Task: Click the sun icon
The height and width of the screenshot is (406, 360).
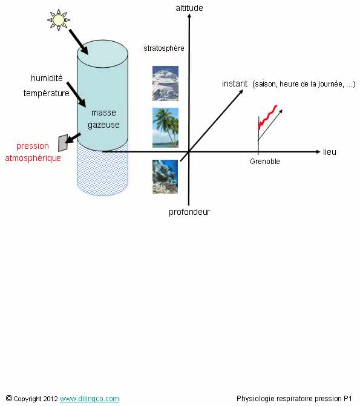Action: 59,20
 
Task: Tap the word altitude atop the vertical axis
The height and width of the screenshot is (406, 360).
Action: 189,8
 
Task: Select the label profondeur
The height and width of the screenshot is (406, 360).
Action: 189,212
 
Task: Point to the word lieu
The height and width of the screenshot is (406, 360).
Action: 329,152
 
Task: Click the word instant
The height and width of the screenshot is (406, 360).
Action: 235,83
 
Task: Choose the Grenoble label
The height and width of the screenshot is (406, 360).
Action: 265,162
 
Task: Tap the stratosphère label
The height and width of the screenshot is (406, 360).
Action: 164,48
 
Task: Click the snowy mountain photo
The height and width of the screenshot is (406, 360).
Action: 165,83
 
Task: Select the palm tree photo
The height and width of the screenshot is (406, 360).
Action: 165,128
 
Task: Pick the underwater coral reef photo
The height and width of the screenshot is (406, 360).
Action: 165,177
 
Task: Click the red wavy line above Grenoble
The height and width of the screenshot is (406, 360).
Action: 267,117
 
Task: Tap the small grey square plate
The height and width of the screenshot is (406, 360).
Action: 63,143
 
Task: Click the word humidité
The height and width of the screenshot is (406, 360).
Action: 47,78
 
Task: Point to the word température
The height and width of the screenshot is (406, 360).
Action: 47,93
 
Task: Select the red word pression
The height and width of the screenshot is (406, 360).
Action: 33,146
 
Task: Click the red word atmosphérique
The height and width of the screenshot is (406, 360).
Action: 33,158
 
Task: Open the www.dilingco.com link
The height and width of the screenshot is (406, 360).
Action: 90,399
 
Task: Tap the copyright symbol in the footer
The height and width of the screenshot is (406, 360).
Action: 9,398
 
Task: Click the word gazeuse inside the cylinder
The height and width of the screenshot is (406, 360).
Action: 103,125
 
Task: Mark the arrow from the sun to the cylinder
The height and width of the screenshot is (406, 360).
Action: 79,42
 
